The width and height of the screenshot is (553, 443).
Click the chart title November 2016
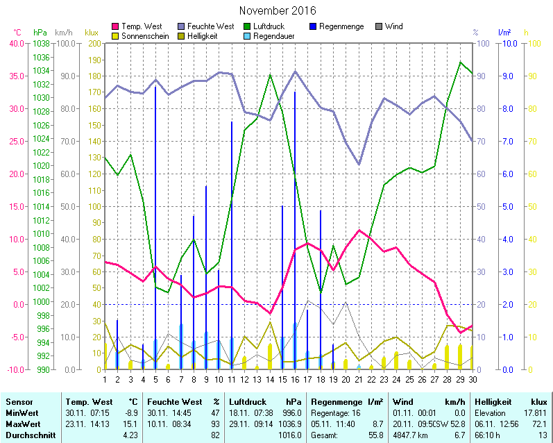(x=278, y=10)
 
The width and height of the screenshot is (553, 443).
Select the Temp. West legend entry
(x=142, y=26)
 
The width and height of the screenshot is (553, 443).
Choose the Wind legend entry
(x=394, y=26)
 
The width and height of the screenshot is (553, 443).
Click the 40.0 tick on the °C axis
(x=15, y=43)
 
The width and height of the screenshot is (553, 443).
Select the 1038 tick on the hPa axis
(x=42, y=43)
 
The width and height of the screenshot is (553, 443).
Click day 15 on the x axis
(x=282, y=378)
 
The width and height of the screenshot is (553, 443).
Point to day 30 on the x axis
(x=472, y=378)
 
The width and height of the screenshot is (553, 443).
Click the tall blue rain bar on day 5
(x=155, y=208)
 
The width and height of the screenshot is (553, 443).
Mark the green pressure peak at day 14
(x=270, y=74)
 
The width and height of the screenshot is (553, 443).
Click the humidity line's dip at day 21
(x=359, y=164)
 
